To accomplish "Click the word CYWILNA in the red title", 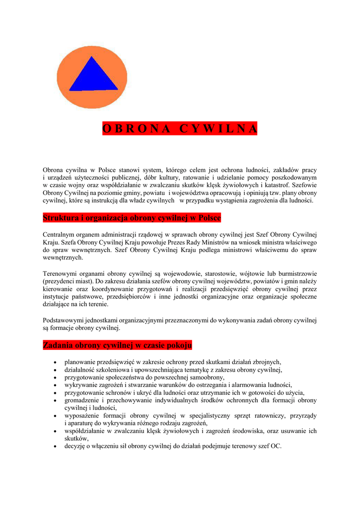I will click(219, 128).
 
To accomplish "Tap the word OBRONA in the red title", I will click(137, 128).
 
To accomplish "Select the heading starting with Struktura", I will click(132, 218).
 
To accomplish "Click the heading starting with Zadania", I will click(117, 345).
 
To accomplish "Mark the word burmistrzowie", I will click(296, 274).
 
